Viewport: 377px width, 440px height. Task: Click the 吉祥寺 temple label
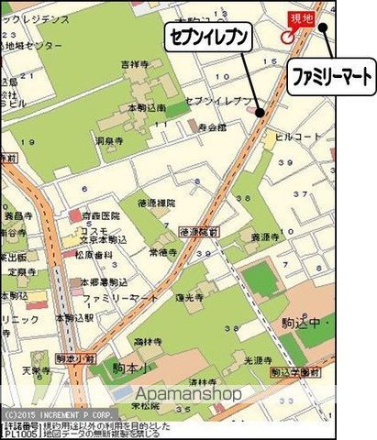[x=134, y=63]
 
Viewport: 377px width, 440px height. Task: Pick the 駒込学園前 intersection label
[x=295, y=373]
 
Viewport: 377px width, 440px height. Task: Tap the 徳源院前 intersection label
[x=198, y=232]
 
